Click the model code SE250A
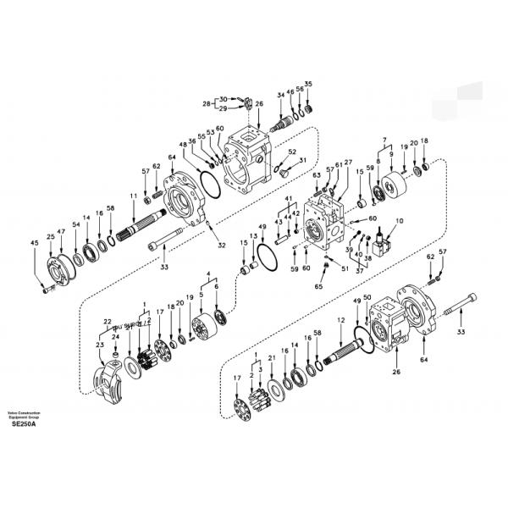[25, 424]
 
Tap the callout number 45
[35, 243]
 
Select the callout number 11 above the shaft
[133, 196]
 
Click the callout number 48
[183, 145]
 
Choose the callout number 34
[281, 95]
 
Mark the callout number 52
[293, 152]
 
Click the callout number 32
[222, 246]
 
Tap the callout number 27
[348, 162]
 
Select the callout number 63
[316, 175]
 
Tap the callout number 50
[367, 298]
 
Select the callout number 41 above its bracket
[289, 199]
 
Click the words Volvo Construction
[25, 412]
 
